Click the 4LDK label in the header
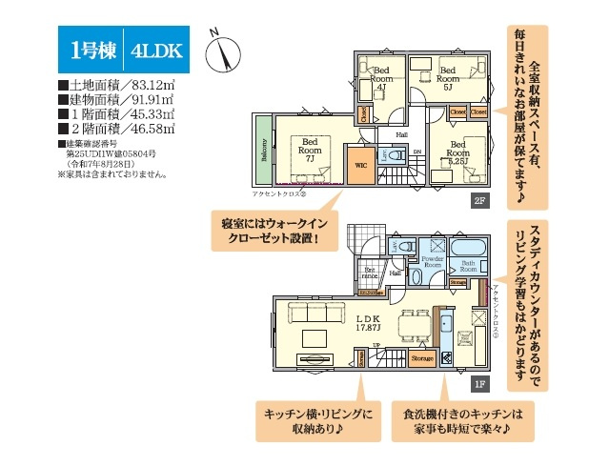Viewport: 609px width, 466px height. click(152, 51)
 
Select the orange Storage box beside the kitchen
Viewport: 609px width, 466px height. click(422, 358)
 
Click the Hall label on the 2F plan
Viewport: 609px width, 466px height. click(401, 134)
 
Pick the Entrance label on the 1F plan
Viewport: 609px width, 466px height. click(370, 273)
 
